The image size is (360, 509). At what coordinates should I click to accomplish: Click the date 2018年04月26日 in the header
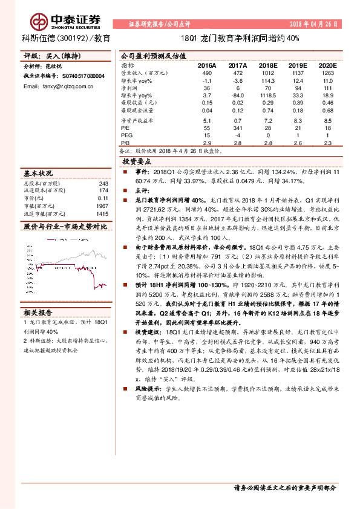[x=315, y=25]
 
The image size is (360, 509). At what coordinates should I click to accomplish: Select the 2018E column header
[x=267, y=65]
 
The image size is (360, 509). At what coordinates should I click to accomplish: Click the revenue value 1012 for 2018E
[x=268, y=73]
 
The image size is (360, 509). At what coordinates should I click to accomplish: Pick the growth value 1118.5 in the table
[x=268, y=96]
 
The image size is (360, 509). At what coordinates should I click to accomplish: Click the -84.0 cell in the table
[x=237, y=96]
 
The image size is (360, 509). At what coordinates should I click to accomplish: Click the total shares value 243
[x=103, y=183]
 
